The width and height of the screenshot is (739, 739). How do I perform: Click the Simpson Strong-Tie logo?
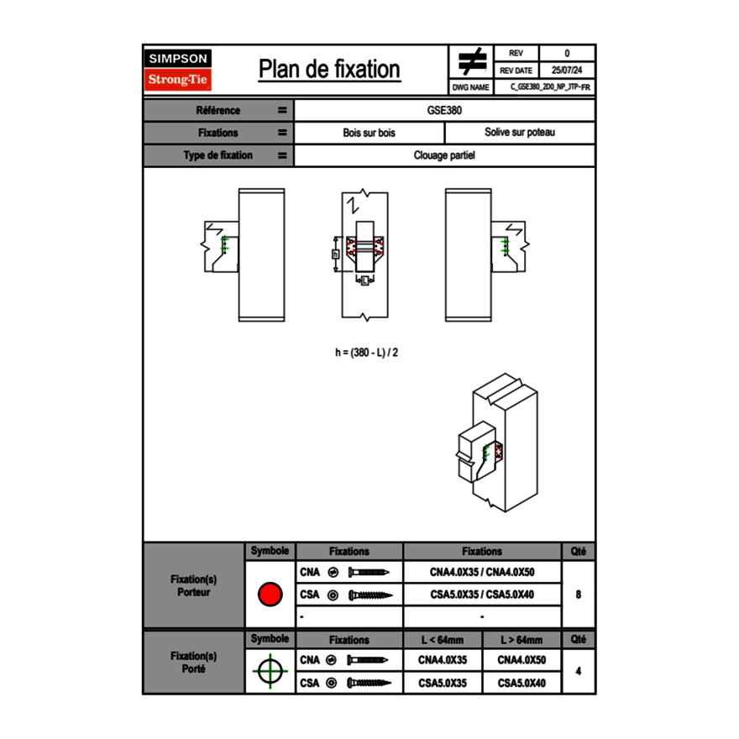click(x=179, y=70)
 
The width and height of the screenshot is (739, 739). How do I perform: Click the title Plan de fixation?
click(x=329, y=69)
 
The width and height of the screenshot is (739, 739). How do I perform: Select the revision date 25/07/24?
click(x=566, y=71)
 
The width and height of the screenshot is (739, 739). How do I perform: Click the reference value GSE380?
click(x=444, y=110)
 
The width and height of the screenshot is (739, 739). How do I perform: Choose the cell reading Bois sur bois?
click(x=369, y=133)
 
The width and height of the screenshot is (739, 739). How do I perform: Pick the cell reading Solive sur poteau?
click(x=519, y=133)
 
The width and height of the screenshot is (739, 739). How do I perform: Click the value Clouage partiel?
click(x=444, y=155)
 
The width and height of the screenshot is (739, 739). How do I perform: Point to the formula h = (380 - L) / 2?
click(x=366, y=353)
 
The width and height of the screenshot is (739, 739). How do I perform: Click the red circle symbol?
click(x=270, y=595)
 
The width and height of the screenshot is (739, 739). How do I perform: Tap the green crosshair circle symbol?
click(x=270, y=671)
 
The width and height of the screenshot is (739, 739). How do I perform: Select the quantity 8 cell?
click(x=578, y=595)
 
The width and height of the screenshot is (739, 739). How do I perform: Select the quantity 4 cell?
click(x=578, y=671)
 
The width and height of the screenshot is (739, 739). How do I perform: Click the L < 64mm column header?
click(x=443, y=640)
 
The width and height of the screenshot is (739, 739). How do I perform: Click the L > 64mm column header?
click(x=521, y=640)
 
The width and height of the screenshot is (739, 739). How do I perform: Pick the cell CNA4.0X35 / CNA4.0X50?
click(x=482, y=572)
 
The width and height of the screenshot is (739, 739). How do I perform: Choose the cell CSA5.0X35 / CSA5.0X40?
click(x=482, y=595)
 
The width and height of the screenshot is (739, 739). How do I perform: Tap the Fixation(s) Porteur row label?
click(x=193, y=585)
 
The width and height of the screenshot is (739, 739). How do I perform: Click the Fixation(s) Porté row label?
click(x=193, y=662)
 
